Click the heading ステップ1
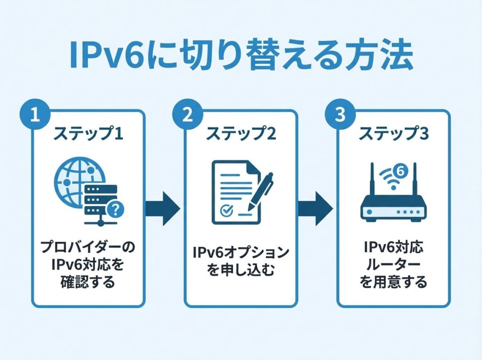click(x=88, y=134)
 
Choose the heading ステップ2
click(x=241, y=134)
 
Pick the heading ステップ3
click(x=394, y=134)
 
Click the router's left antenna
click(x=371, y=181)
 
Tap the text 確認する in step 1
click(x=88, y=282)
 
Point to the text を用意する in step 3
click(x=394, y=282)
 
